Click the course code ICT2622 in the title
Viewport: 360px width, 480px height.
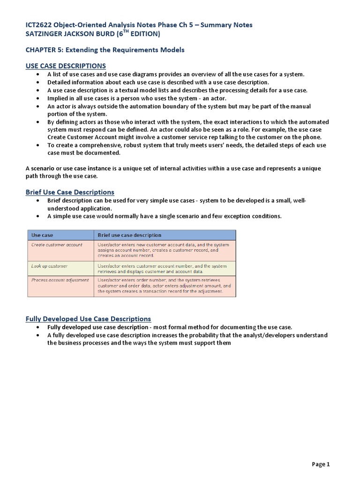click(39, 25)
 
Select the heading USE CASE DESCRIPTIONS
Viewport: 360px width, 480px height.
click(66, 66)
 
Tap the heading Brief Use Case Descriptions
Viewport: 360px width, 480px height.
click(69, 192)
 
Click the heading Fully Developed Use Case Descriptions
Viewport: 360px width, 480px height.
click(88, 319)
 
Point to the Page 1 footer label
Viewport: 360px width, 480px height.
click(321, 465)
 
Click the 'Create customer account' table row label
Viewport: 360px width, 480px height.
click(57, 245)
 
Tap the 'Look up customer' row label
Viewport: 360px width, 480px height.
click(49, 266)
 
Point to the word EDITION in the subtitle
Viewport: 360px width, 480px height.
click(143, 34)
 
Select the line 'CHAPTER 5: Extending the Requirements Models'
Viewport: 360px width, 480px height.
click(105, 50)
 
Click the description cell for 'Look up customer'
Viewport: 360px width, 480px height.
click(162, 269)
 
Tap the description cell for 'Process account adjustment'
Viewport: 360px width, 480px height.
click(164, 286)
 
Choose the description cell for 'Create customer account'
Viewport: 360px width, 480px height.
click(164, 250)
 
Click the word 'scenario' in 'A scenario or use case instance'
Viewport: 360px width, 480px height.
click(45, 168)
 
